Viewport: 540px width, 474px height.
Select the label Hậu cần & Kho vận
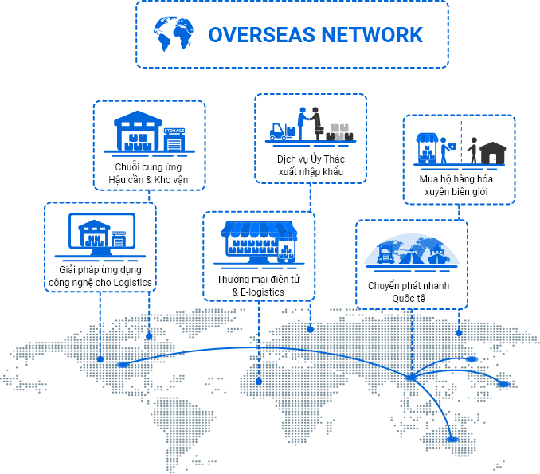149,180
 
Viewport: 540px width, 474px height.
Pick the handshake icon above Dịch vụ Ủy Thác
308,123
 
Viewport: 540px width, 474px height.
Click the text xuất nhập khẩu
311,172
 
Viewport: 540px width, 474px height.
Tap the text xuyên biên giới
458,192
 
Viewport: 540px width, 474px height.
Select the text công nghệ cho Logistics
100,283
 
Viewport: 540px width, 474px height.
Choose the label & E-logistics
258,292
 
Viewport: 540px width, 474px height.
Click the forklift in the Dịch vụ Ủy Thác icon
278,130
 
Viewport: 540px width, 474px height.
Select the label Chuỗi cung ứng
149,167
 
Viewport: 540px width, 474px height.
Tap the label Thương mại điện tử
258,280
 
